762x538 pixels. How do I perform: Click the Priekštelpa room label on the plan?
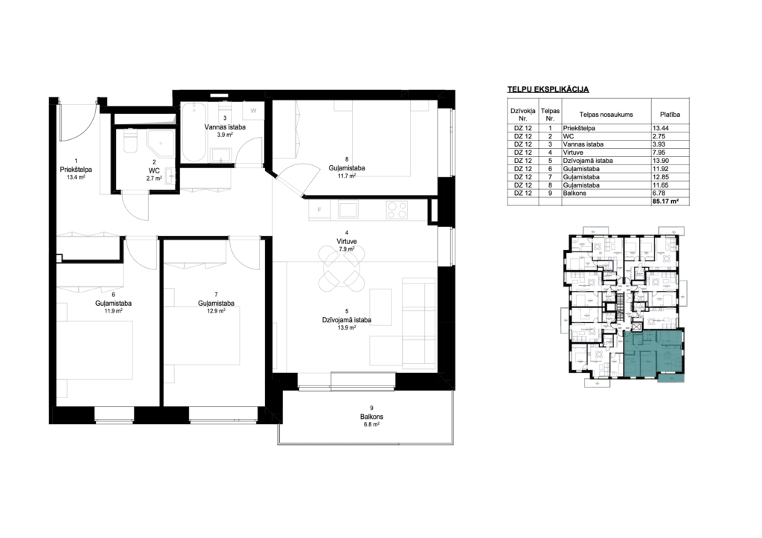pyautogui.click(x=76, y=170)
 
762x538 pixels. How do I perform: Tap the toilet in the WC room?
pyautogui.click(x=131, y=141)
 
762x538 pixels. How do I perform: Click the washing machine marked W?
pyautogui.click(x=253, y=112)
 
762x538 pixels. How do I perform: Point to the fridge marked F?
pyautogui.click(x=319, y=210)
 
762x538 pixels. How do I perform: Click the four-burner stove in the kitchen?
pyautogui.click(x=397, y=210)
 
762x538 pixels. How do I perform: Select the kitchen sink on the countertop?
pyautogui.click(x=348, y=209)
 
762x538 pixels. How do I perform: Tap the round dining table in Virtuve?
pyautogui.click(x=340, y=266)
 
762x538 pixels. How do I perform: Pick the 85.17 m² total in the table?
pyautogui.click(x=666, y=201)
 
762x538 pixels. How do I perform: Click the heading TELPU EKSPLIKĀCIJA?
pyautogui.click(x=548, y=89)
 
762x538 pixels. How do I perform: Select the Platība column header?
pyautogui.click(x=670, y=115)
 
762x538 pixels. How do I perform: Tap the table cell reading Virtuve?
pyautogui.click(x=573, y=153)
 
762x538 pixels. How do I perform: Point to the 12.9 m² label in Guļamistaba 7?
pyautogui.click(x=216, y=312)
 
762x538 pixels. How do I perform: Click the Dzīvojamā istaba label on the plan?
pyautogui.click(x=347, y=320)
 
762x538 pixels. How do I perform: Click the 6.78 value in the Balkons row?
pyautogui.click(x=660, y=193)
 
